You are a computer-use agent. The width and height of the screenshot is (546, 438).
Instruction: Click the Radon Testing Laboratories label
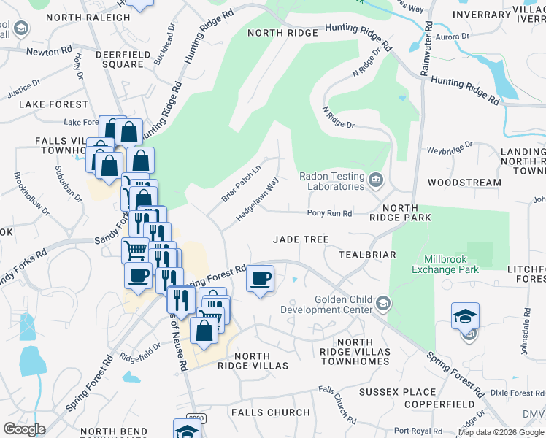(x=332, y=181)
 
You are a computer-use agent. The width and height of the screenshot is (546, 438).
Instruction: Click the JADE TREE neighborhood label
(x=301, y=239)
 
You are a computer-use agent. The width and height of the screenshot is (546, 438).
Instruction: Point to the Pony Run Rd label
(x=329, y=214)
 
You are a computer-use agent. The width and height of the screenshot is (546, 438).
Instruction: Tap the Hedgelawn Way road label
(x=257, y=202)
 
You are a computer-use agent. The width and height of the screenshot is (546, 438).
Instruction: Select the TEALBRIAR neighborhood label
(x=367, y=255)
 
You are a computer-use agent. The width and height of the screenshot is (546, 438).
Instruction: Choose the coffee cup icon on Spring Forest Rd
(x=260, y=278)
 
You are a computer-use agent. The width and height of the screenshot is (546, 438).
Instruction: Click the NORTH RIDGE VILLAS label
(x=253, y=361)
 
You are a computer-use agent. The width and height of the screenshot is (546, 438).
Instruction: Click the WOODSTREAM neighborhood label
(x=464, y=182)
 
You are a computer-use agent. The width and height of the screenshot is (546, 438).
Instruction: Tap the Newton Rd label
(x=49, y=52)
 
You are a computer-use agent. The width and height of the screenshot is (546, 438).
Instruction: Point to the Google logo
(x=24, y=429)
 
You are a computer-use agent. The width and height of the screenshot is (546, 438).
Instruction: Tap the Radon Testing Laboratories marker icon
(x=375, y=180)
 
